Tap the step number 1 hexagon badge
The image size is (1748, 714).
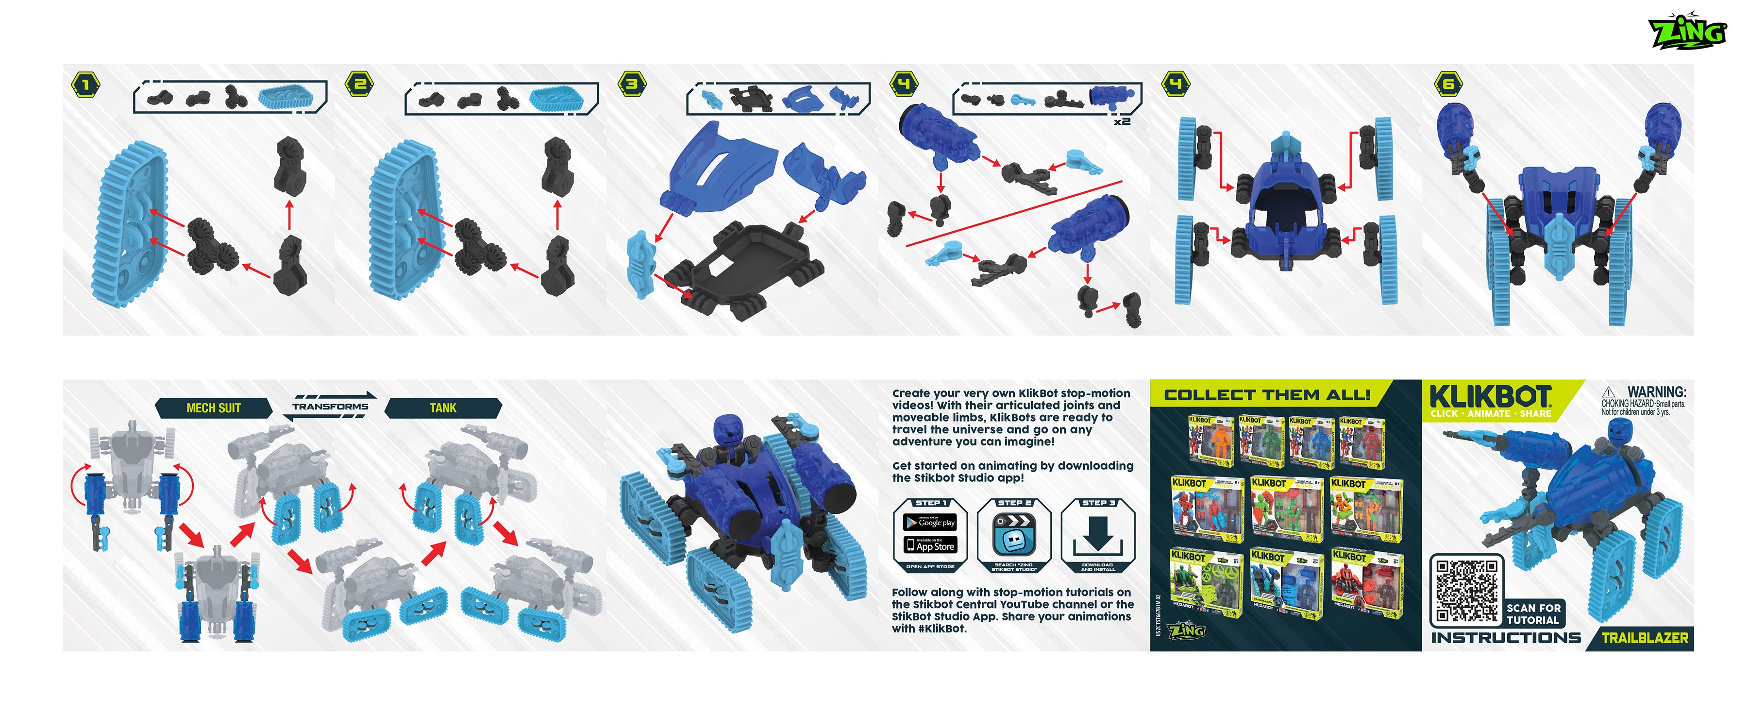tap(85, 85)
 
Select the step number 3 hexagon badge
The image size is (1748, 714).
tap(632, 84)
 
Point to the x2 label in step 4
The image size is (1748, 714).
tap(1122, 121)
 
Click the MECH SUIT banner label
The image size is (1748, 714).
tap(213, 408)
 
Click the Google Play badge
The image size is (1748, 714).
tap(930, 523)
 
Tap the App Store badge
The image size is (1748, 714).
tap(930, 545)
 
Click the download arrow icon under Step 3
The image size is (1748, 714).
tap(1097, 534)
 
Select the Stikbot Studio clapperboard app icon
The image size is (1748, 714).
tap(1014, 534)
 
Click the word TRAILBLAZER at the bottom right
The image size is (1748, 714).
tap(1644, 638)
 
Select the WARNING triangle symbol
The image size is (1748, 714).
tap(1608, 392)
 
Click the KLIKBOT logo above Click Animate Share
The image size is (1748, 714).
tap(1490, 396)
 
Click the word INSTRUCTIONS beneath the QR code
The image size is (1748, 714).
tap(1506, 638)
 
